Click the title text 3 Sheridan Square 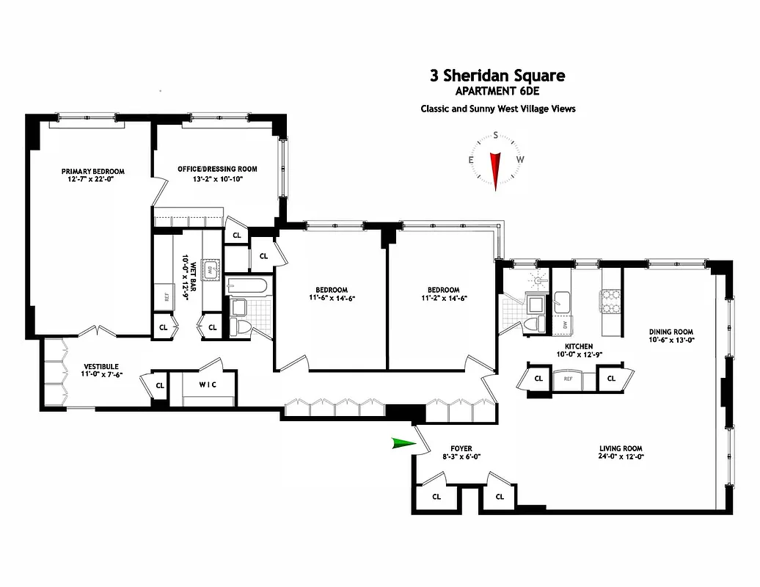497,76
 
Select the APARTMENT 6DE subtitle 497,92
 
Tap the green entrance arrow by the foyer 403,442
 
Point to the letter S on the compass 496,135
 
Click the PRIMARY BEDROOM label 92,172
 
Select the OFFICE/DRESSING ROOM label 217,169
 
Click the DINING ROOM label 671,332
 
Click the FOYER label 461,448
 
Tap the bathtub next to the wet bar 248,285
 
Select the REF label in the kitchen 568,379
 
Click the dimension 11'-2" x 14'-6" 444,298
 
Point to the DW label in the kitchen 564,324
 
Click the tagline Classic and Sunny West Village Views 497,109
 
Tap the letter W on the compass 520,159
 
